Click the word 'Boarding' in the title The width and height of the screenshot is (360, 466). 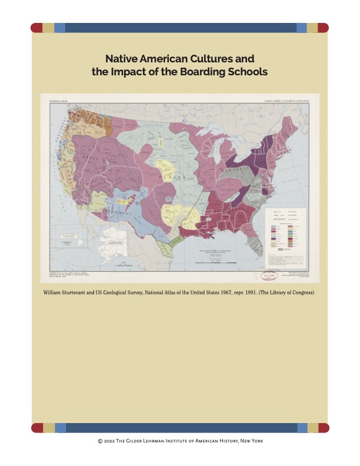204,72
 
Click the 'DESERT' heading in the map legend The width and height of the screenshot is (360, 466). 284,217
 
